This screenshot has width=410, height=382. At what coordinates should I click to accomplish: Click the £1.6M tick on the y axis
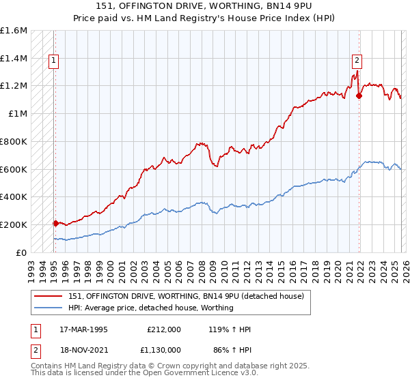[14, 31]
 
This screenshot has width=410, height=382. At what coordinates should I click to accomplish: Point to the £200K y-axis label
[14, 224]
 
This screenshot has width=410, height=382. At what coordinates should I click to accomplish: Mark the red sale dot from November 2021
[359, 95]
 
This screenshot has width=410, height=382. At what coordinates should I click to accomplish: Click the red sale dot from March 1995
[55, 223]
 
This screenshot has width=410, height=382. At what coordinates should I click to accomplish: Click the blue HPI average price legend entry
[150, 308]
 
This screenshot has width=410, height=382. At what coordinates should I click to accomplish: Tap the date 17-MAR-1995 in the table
[83, 329]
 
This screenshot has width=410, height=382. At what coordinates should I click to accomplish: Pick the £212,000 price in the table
[163, 329]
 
